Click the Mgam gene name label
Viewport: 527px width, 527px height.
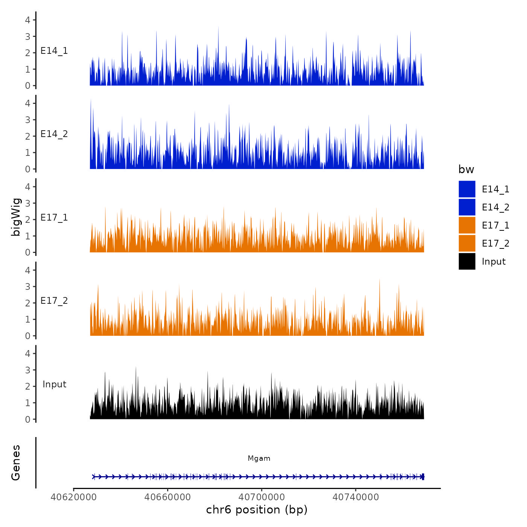point(259,458)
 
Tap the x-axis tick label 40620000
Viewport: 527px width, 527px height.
point(74,497)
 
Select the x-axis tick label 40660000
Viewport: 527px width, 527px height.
point(168,497)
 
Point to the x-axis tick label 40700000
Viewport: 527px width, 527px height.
point(262,497)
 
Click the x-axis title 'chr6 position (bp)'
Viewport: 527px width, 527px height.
point(257,510)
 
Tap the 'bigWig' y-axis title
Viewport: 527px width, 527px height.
point(16,217)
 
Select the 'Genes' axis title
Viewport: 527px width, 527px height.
point(16,463)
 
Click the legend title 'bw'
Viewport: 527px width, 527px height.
point(466,169)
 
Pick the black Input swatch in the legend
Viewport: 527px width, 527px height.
point(467,261)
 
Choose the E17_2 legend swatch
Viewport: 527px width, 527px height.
point(467,243)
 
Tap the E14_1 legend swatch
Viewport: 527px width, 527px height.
point(467,189)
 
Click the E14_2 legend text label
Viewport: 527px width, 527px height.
point(495,207)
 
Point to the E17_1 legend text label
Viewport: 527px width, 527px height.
point(495,225)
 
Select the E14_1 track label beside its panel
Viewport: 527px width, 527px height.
point(54,51)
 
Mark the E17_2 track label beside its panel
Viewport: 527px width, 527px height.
point(54,301)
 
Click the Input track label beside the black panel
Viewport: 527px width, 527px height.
point(54,384)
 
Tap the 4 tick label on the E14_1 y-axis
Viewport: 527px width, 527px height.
point(28,20)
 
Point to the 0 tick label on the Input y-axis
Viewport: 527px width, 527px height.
point(28,419)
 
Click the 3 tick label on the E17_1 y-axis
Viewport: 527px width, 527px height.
point(28,203)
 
